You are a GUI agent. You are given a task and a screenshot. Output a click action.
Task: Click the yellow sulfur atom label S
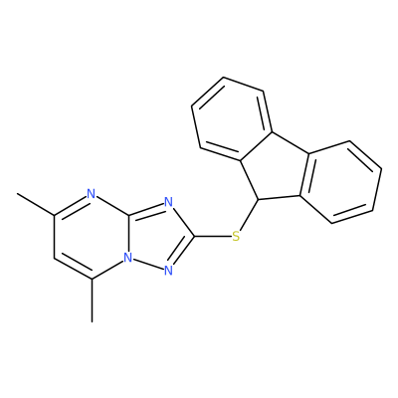click(236, 237)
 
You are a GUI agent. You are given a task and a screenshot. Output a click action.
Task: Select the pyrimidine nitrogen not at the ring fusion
click(91, 193)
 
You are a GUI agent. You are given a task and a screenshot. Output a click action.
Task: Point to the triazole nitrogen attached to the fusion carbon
click(168, 202)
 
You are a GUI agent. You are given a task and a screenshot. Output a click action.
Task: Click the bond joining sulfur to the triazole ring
click(213, 237)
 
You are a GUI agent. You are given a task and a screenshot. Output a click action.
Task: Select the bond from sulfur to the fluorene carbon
click(249, 215)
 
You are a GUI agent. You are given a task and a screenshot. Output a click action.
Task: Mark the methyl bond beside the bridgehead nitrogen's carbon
click(92, 300)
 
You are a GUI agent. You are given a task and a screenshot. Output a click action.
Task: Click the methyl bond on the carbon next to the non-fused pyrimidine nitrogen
click(36, 204)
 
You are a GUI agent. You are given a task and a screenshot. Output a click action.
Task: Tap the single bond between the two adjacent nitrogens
click(148, 265)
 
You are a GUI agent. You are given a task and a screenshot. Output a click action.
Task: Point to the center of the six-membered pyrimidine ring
click(92, 236)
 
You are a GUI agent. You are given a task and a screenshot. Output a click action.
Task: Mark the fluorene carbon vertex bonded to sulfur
click(258, 200)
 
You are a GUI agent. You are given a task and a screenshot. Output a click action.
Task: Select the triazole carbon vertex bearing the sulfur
click(194, 237)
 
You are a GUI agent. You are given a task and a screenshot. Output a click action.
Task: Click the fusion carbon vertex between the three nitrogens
click(129, 215)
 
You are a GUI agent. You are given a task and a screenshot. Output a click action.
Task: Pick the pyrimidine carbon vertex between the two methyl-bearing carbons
click(55, 258)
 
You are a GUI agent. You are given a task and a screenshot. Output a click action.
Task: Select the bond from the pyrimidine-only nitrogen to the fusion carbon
click(112, 206)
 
